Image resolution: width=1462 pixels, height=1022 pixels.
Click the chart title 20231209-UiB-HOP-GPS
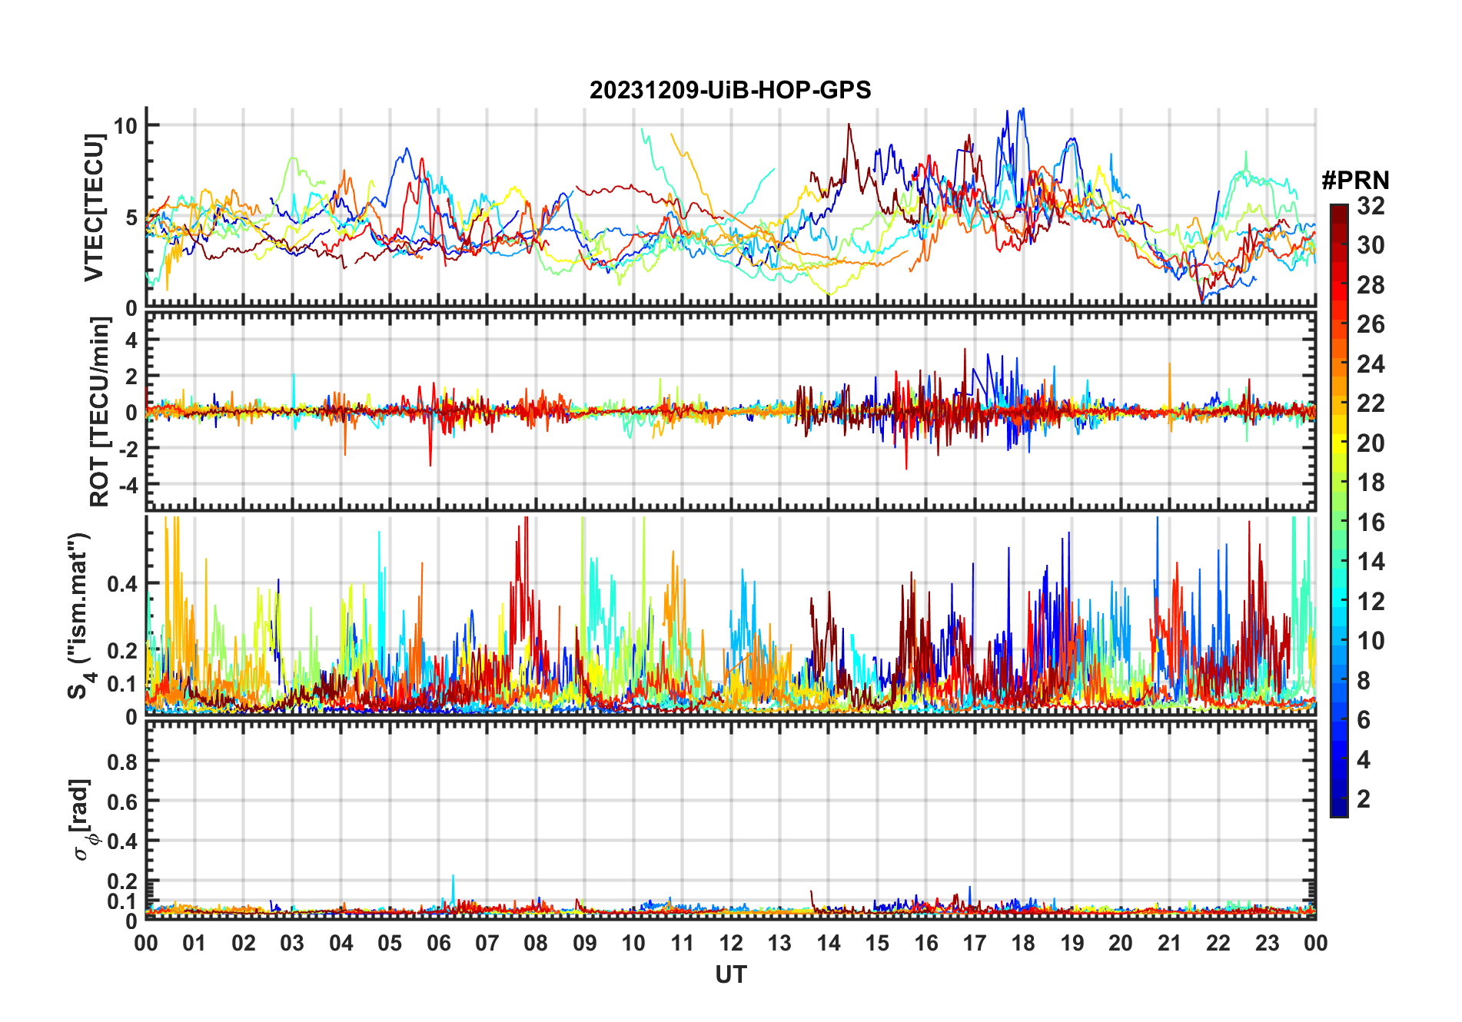click(730, 91)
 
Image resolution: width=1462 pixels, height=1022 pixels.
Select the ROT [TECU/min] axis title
click(100, 412)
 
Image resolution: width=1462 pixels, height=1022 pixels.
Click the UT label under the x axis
click(730, 974)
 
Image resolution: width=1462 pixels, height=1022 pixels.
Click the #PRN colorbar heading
click(1355, 181)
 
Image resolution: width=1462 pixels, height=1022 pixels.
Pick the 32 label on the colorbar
click(1371, 206)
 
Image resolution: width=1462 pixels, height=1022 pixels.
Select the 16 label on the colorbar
click(1371, 523)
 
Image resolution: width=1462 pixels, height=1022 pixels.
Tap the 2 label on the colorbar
click(1364, 799)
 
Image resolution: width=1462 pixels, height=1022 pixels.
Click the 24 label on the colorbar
click(1371, 364)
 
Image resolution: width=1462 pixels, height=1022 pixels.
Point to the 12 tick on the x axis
click(731, 943)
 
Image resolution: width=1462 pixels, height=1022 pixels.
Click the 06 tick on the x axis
click(438, 943)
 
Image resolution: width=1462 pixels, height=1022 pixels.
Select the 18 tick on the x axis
click(1023, 943)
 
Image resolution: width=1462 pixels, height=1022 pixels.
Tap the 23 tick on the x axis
click(1267, 943)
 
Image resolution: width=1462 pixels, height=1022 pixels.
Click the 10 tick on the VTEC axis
click(126, 126)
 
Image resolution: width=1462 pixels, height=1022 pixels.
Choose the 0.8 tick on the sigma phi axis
click(123, 762)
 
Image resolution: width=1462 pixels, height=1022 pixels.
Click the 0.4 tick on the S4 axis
click(123, 584)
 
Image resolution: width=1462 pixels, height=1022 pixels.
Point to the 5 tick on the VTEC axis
click(131, 217)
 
